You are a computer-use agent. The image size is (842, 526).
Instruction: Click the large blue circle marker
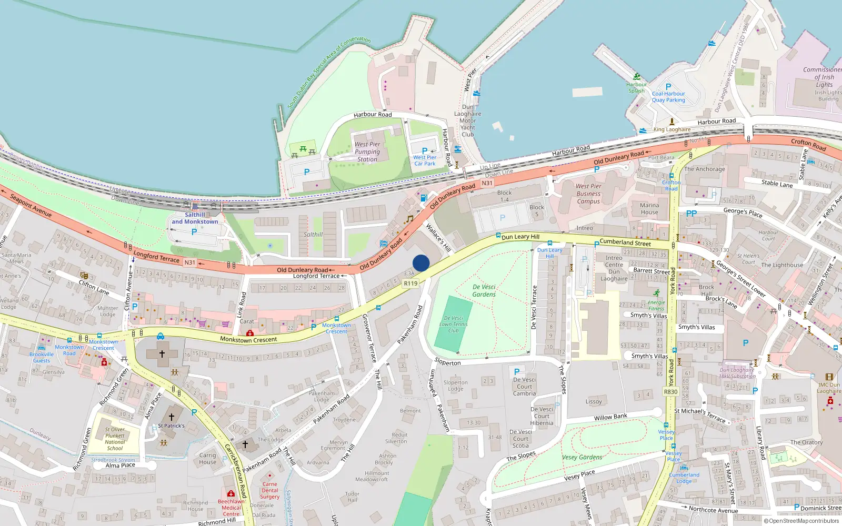(421, 263)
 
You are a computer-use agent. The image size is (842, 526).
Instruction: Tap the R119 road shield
(410, 284)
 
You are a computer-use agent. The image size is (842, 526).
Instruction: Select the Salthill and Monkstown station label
(195, 218)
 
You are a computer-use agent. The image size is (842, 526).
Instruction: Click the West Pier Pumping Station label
(367, 151)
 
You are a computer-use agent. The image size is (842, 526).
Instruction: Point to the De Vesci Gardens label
(484, 291)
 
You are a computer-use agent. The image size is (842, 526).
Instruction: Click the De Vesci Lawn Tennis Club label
(453, 324)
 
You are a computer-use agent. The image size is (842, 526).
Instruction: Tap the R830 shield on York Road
(670, 392)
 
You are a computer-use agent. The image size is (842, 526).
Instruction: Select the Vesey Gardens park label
(582, 457)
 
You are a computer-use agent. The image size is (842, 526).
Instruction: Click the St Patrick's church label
(172, 426)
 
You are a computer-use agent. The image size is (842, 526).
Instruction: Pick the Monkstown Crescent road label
(248, 340)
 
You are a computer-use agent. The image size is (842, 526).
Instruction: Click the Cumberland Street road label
(625, 242)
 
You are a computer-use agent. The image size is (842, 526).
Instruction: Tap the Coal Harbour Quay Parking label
(668, 97)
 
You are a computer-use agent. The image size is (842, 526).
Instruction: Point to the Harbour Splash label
(636, 87)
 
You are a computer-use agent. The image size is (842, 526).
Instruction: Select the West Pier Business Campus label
(588, 194)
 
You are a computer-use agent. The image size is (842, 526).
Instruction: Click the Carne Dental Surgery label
(270, 490)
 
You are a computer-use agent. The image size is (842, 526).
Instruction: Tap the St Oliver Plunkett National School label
(115, 439)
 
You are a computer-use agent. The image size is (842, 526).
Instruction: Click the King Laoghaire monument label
(672, 129)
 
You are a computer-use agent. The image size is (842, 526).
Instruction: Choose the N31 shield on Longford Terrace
(190, 262)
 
